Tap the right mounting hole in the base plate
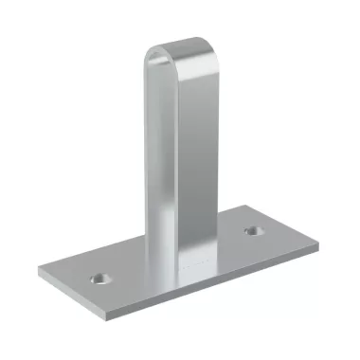pyautogui.click(x=253, y=230)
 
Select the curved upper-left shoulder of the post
pyautogui.click(x=152, y=53)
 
